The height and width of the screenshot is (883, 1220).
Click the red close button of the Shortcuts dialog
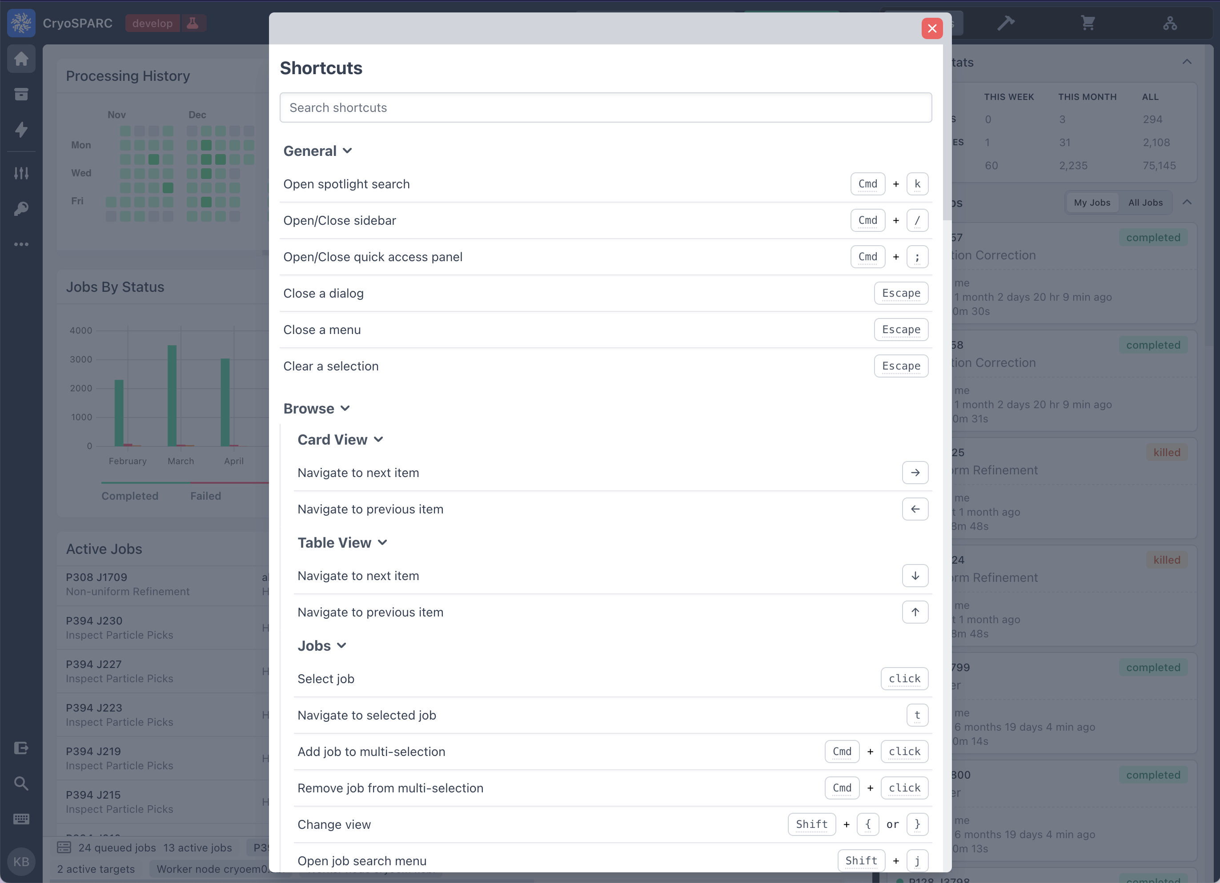pyautogui.click(x=932, y=28)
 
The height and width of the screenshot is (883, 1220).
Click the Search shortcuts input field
pyautogui.click(x=605, y=107)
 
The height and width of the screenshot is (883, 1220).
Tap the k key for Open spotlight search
pyautogui.click(x=917, y=184)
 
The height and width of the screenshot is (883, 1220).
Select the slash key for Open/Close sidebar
pyautogui.click(x=917, y=220)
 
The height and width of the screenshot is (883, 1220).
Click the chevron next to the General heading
pyautogui.click(x=348, y=151)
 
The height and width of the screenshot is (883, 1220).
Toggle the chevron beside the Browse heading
pyautogui.click(x=345, y=409)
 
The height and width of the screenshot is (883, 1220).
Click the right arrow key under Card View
pyautogui.click(x=915, y=473)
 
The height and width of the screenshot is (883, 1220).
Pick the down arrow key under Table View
pyautogui.click(x=915, y=576)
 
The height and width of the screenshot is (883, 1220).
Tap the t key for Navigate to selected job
pyautogui.click(x=917, y=715)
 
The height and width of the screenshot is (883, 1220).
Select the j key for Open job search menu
pyautogui.click(x=917, y=861)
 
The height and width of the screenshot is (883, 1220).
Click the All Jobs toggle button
pyautogui.click(x=1145, y=203)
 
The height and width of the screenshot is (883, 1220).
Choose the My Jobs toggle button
pyautogui.click(x=1092, y=203)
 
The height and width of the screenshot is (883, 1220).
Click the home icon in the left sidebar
pyautogui.click(x=21, y=59)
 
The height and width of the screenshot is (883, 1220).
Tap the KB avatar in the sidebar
pyautogui.click(x=21, y=862)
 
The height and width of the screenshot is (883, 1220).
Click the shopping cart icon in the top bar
pyautogui.click(x=1088, y=23)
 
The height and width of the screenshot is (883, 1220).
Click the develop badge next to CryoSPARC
pyautogui.click(x=152, y=23)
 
